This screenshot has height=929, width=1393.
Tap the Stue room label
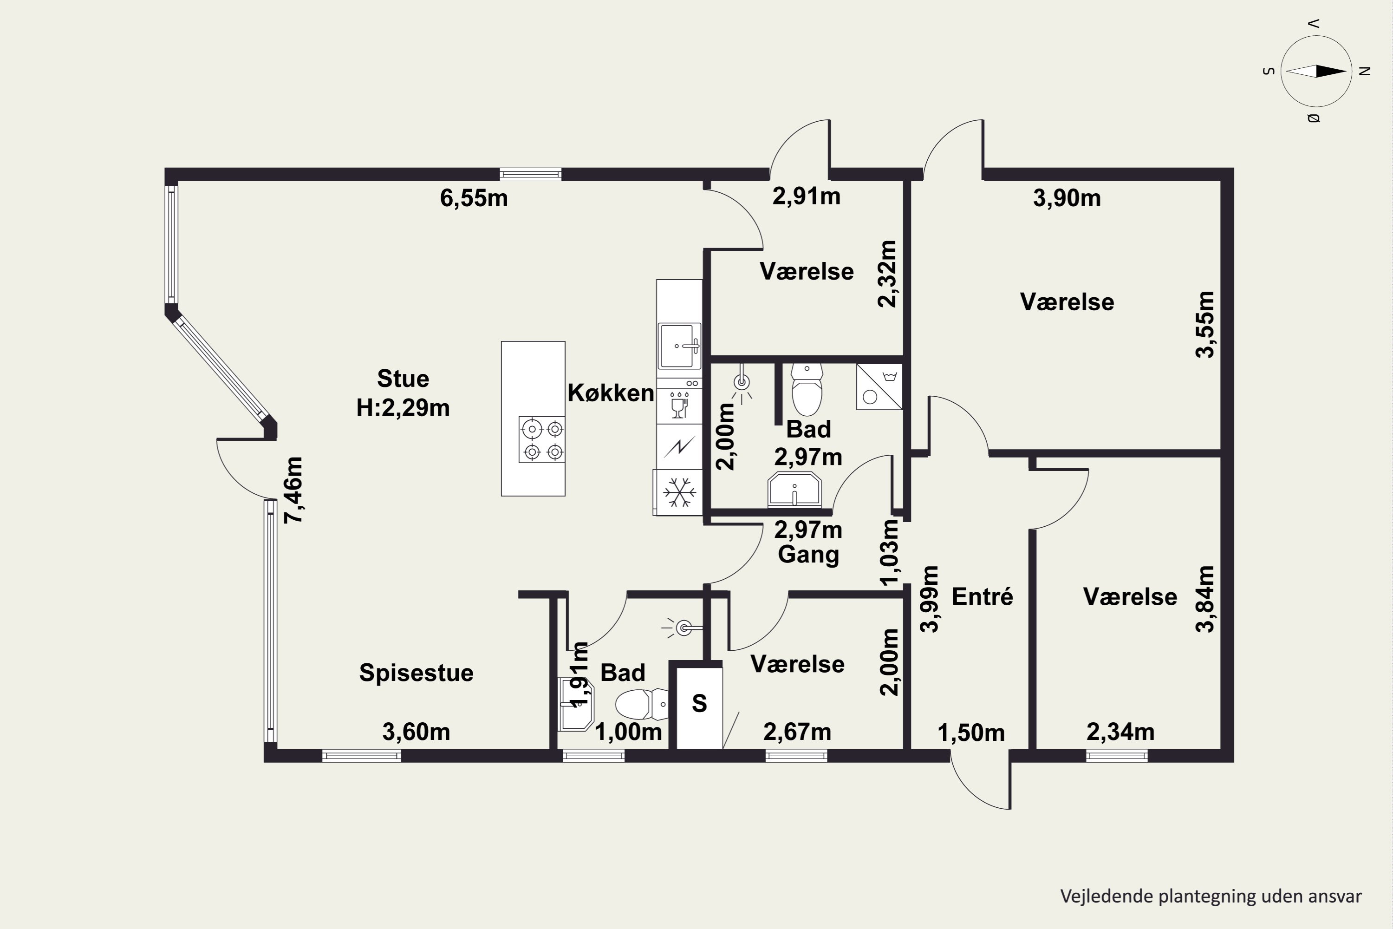(403, 378)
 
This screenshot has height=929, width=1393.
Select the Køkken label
(611, 393)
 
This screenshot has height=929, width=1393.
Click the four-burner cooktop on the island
(541, 439)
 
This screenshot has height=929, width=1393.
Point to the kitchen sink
(679, 346)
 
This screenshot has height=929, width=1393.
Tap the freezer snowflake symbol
(679, 492)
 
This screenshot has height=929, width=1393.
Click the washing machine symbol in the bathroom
(879, 387)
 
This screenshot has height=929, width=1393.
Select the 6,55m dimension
(474, 198)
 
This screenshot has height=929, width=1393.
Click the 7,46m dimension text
(294, 490)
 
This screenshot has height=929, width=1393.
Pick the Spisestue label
(417, 673)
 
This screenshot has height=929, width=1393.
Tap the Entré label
(983, 596)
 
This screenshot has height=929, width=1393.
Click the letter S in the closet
(699, 703)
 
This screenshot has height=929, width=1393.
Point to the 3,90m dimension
(1067, 198)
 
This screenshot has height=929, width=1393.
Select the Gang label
(808, 555)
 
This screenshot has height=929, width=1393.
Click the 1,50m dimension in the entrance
(971, 733)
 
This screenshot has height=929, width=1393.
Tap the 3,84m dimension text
(1205, 600)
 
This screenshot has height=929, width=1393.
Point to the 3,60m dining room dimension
(417, 733)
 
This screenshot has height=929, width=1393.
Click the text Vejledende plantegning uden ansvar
(1211, 896)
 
